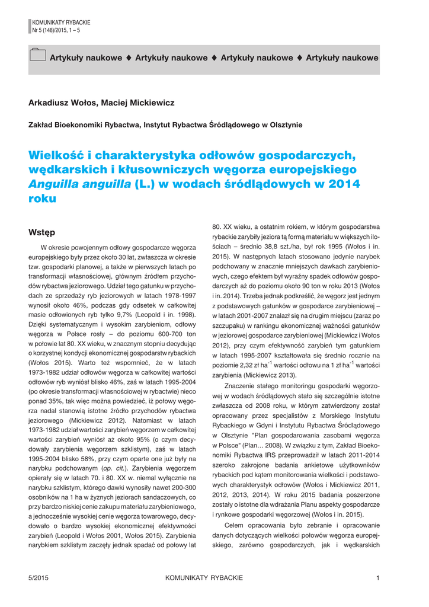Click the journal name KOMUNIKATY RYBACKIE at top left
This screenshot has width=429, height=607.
57,22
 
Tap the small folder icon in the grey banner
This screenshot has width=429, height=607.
37,55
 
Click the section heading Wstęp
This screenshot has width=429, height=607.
41,232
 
